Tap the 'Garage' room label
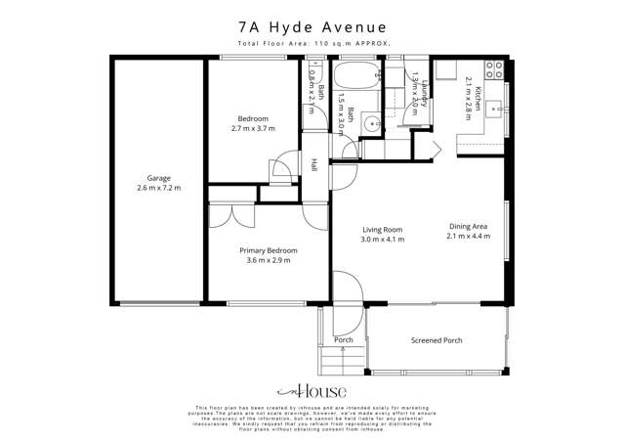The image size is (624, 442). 159,178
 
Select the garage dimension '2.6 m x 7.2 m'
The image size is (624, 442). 159,188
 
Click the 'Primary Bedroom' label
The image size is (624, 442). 269,250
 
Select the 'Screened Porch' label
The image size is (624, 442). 437,340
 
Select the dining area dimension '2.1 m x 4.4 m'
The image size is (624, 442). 468,236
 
